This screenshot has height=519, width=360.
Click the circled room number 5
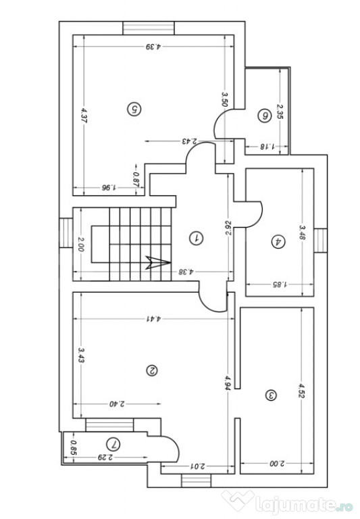tap(134, 109)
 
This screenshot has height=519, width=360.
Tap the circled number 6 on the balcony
tap(264, 116)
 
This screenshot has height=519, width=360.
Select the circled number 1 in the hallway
tap(196, 238)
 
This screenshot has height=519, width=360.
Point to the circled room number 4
tap(278, 241)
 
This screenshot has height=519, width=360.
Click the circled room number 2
tap(152, 370)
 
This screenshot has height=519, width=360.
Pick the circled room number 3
tap(271, 395)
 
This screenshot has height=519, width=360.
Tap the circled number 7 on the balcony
tap(113, 444)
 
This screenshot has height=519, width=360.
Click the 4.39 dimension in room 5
tap(153, 47)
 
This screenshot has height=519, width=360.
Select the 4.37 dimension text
tap(83, 116)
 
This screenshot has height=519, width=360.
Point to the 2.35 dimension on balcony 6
tap(280, 112)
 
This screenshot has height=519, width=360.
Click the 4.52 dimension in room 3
tap(301, 391)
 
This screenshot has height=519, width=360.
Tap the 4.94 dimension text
tap(228, 382)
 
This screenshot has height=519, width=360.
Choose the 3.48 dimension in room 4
tap(302, 233)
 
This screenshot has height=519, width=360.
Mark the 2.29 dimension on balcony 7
tap(105, 458)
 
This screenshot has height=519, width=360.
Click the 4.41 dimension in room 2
tap(153, 319)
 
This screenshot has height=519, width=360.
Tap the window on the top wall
tap(149, 28)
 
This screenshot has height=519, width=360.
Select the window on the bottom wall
tap(196, 480)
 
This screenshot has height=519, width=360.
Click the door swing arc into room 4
tap(255, 214)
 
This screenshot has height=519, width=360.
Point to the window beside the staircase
tap(66, 233)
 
